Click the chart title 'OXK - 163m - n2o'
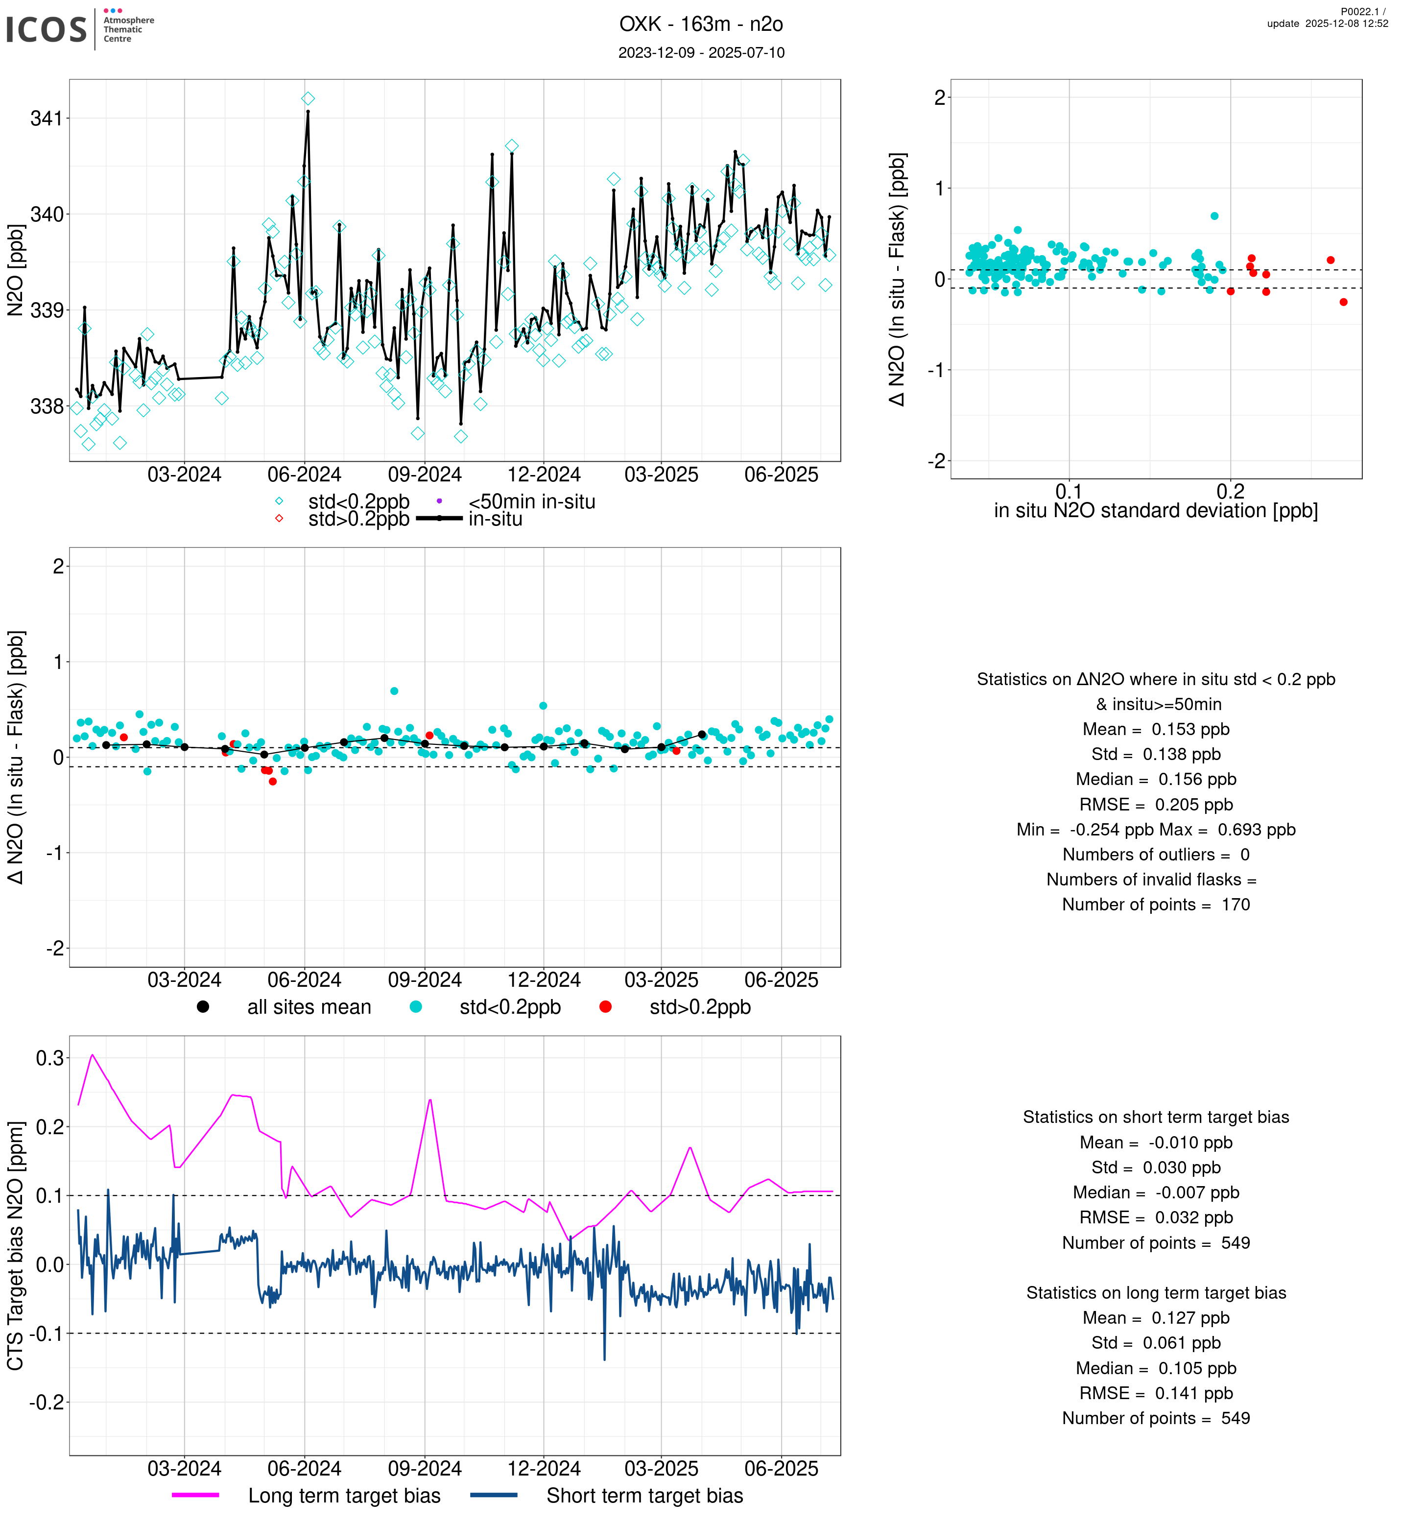click(x=701, y=24)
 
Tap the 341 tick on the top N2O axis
click(x=47, y=119)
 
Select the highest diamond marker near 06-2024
click(x=308, y=99)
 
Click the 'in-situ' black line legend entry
click(x=495, y=520)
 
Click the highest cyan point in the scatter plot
click(x=1214, y=216)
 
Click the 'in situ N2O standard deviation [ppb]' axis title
click(x=1156, y=511)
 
